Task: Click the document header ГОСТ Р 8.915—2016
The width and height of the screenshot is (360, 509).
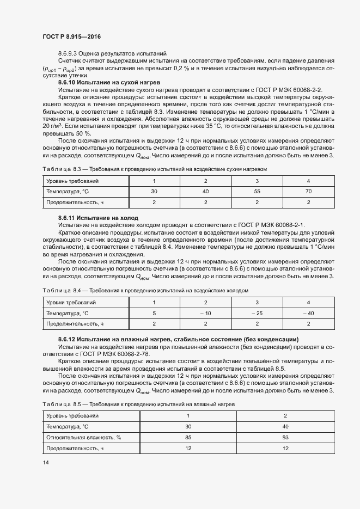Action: click(71, 36)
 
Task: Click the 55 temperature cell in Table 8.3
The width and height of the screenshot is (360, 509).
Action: click(257, 192)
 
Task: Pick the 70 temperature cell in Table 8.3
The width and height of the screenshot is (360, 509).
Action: click(308, 192)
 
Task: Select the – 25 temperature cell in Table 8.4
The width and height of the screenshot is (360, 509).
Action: click(257, 313)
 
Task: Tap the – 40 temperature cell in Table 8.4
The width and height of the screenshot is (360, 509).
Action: click(308, 313)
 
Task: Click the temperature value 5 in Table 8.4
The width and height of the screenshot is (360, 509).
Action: click(154, 313)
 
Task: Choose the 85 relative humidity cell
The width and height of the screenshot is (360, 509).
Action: click(188, 437)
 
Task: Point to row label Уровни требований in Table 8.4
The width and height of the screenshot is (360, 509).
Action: click(71, 302)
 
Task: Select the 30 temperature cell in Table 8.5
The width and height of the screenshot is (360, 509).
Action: click(188, 426)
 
